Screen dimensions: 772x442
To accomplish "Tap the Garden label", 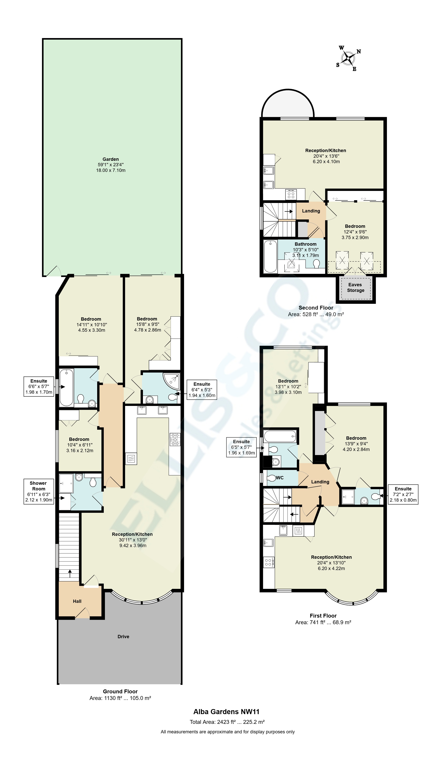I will click(x=111, y=159).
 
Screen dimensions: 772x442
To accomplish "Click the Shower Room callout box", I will click(x=39, y=492).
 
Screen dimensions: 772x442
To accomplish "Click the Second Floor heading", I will click(x=316, y=308).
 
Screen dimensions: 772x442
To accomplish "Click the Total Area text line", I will click(x=227, y=722).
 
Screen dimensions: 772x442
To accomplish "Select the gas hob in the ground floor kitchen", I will click(x=175, y=440).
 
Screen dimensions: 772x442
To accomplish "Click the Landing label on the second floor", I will click(x=311, y=211).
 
